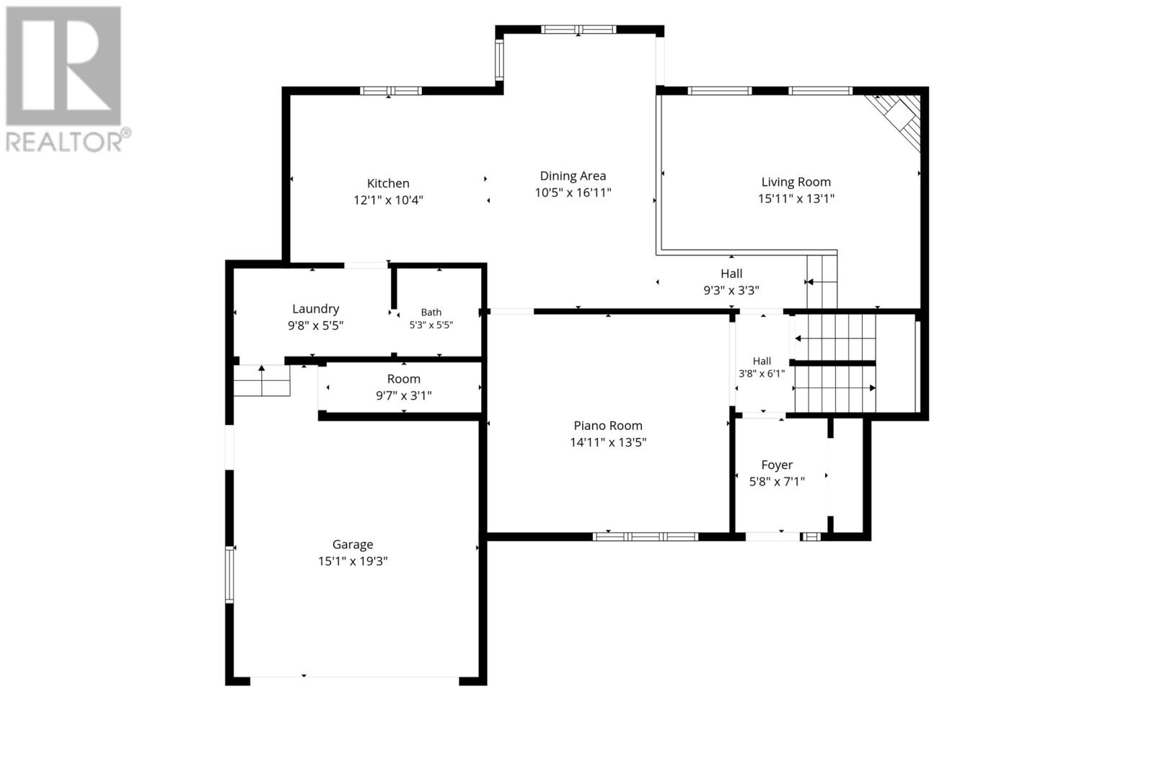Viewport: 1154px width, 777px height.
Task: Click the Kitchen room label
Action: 388,183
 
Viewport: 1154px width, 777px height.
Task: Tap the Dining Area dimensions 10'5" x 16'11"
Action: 573,193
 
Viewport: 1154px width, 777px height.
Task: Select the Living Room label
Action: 796,182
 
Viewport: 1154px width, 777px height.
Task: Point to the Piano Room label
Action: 608,426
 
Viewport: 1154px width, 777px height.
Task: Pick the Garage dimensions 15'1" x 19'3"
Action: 353,561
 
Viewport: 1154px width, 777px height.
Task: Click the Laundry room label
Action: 315,310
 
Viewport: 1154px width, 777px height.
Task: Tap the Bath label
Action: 431,312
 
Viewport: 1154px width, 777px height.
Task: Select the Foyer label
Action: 777,465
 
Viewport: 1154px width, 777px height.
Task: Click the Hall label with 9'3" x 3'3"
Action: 731,273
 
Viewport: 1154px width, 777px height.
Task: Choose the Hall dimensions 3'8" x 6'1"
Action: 762,374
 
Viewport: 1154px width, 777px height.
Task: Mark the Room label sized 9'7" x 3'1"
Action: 404,379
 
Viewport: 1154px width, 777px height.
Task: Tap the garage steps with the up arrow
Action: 262,380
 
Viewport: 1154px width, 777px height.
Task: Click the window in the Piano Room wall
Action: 645,537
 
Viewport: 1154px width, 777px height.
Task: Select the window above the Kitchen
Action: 390,91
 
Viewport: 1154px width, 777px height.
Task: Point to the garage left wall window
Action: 229,575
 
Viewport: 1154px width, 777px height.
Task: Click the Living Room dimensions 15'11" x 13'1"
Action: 796,199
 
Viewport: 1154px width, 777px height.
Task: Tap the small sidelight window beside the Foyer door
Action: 811,537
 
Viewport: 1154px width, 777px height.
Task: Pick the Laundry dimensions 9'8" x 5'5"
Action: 315,325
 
